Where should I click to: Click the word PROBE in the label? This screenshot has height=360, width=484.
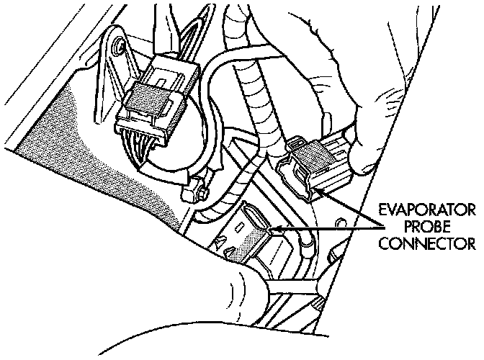428,227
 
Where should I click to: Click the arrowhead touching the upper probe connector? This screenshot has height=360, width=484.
319,189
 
